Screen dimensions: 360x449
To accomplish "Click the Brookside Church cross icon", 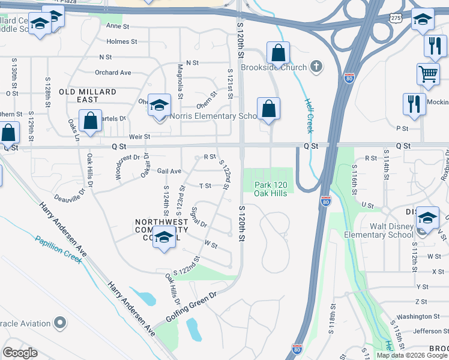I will point(317,67).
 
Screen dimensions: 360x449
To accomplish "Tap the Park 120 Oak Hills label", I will point(267,188).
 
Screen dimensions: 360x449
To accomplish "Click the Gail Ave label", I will point(169,171).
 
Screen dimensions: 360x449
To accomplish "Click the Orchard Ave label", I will point(113,73).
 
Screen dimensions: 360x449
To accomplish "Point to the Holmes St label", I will point(122,41).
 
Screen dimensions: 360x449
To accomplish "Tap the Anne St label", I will point(118,26).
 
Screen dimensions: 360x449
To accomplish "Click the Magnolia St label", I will point(179,83).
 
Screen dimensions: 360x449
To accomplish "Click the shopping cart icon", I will point(428,74).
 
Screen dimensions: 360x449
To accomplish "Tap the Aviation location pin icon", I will point(59,323).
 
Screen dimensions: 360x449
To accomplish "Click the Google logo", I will point(20,352).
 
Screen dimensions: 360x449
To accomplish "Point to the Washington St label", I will point(418,316).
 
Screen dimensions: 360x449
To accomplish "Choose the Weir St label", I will point(139,137).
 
